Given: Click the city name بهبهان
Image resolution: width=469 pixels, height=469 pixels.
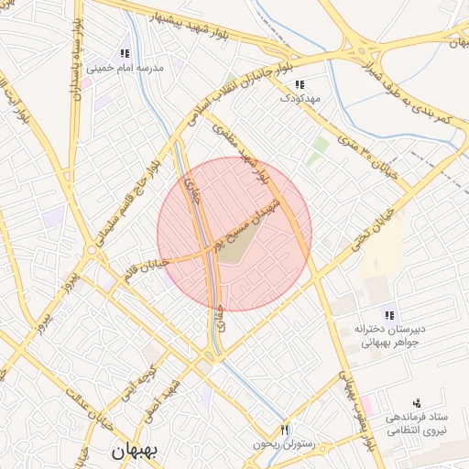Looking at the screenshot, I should pyautogui.click(x=134, y=451).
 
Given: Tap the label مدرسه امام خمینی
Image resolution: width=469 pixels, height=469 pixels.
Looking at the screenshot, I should pyautogui.click(x=124, y=68).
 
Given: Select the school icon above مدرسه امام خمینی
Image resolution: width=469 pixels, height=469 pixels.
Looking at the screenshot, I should pyautogui.click(x=125, y=53).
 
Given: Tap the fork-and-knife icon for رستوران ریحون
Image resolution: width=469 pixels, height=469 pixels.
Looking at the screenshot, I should pyautogui.click(x=284, y=430).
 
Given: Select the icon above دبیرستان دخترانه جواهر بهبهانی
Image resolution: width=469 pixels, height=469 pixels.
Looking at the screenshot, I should pyautogui.click(x=390, y=314).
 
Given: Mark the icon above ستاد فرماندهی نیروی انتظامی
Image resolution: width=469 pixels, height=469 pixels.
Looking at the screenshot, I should pyautogui.click(x=418, y=402).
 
